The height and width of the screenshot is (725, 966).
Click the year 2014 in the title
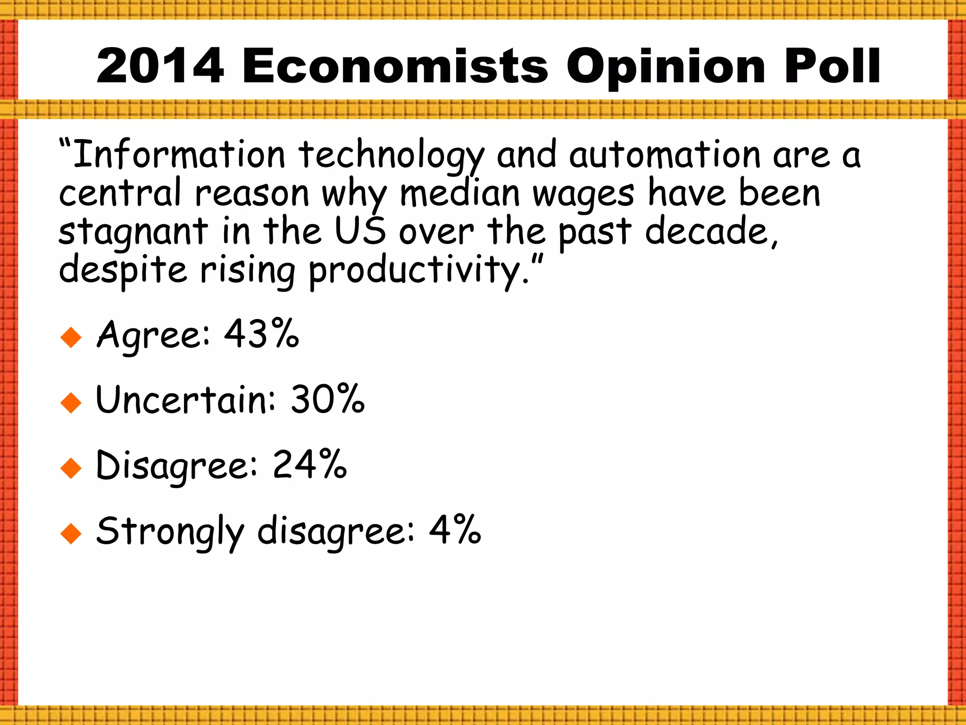coord(159,67)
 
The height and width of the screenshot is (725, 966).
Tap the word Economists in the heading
coord(395,67)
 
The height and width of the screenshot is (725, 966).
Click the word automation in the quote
coord(665,155)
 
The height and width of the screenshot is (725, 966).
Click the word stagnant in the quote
coord(133,232)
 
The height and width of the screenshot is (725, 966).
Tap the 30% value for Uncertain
coord(327,399)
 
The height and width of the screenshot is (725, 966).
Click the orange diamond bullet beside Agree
coord(71,337)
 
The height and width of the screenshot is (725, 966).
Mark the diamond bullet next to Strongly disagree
coord(71,534)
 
